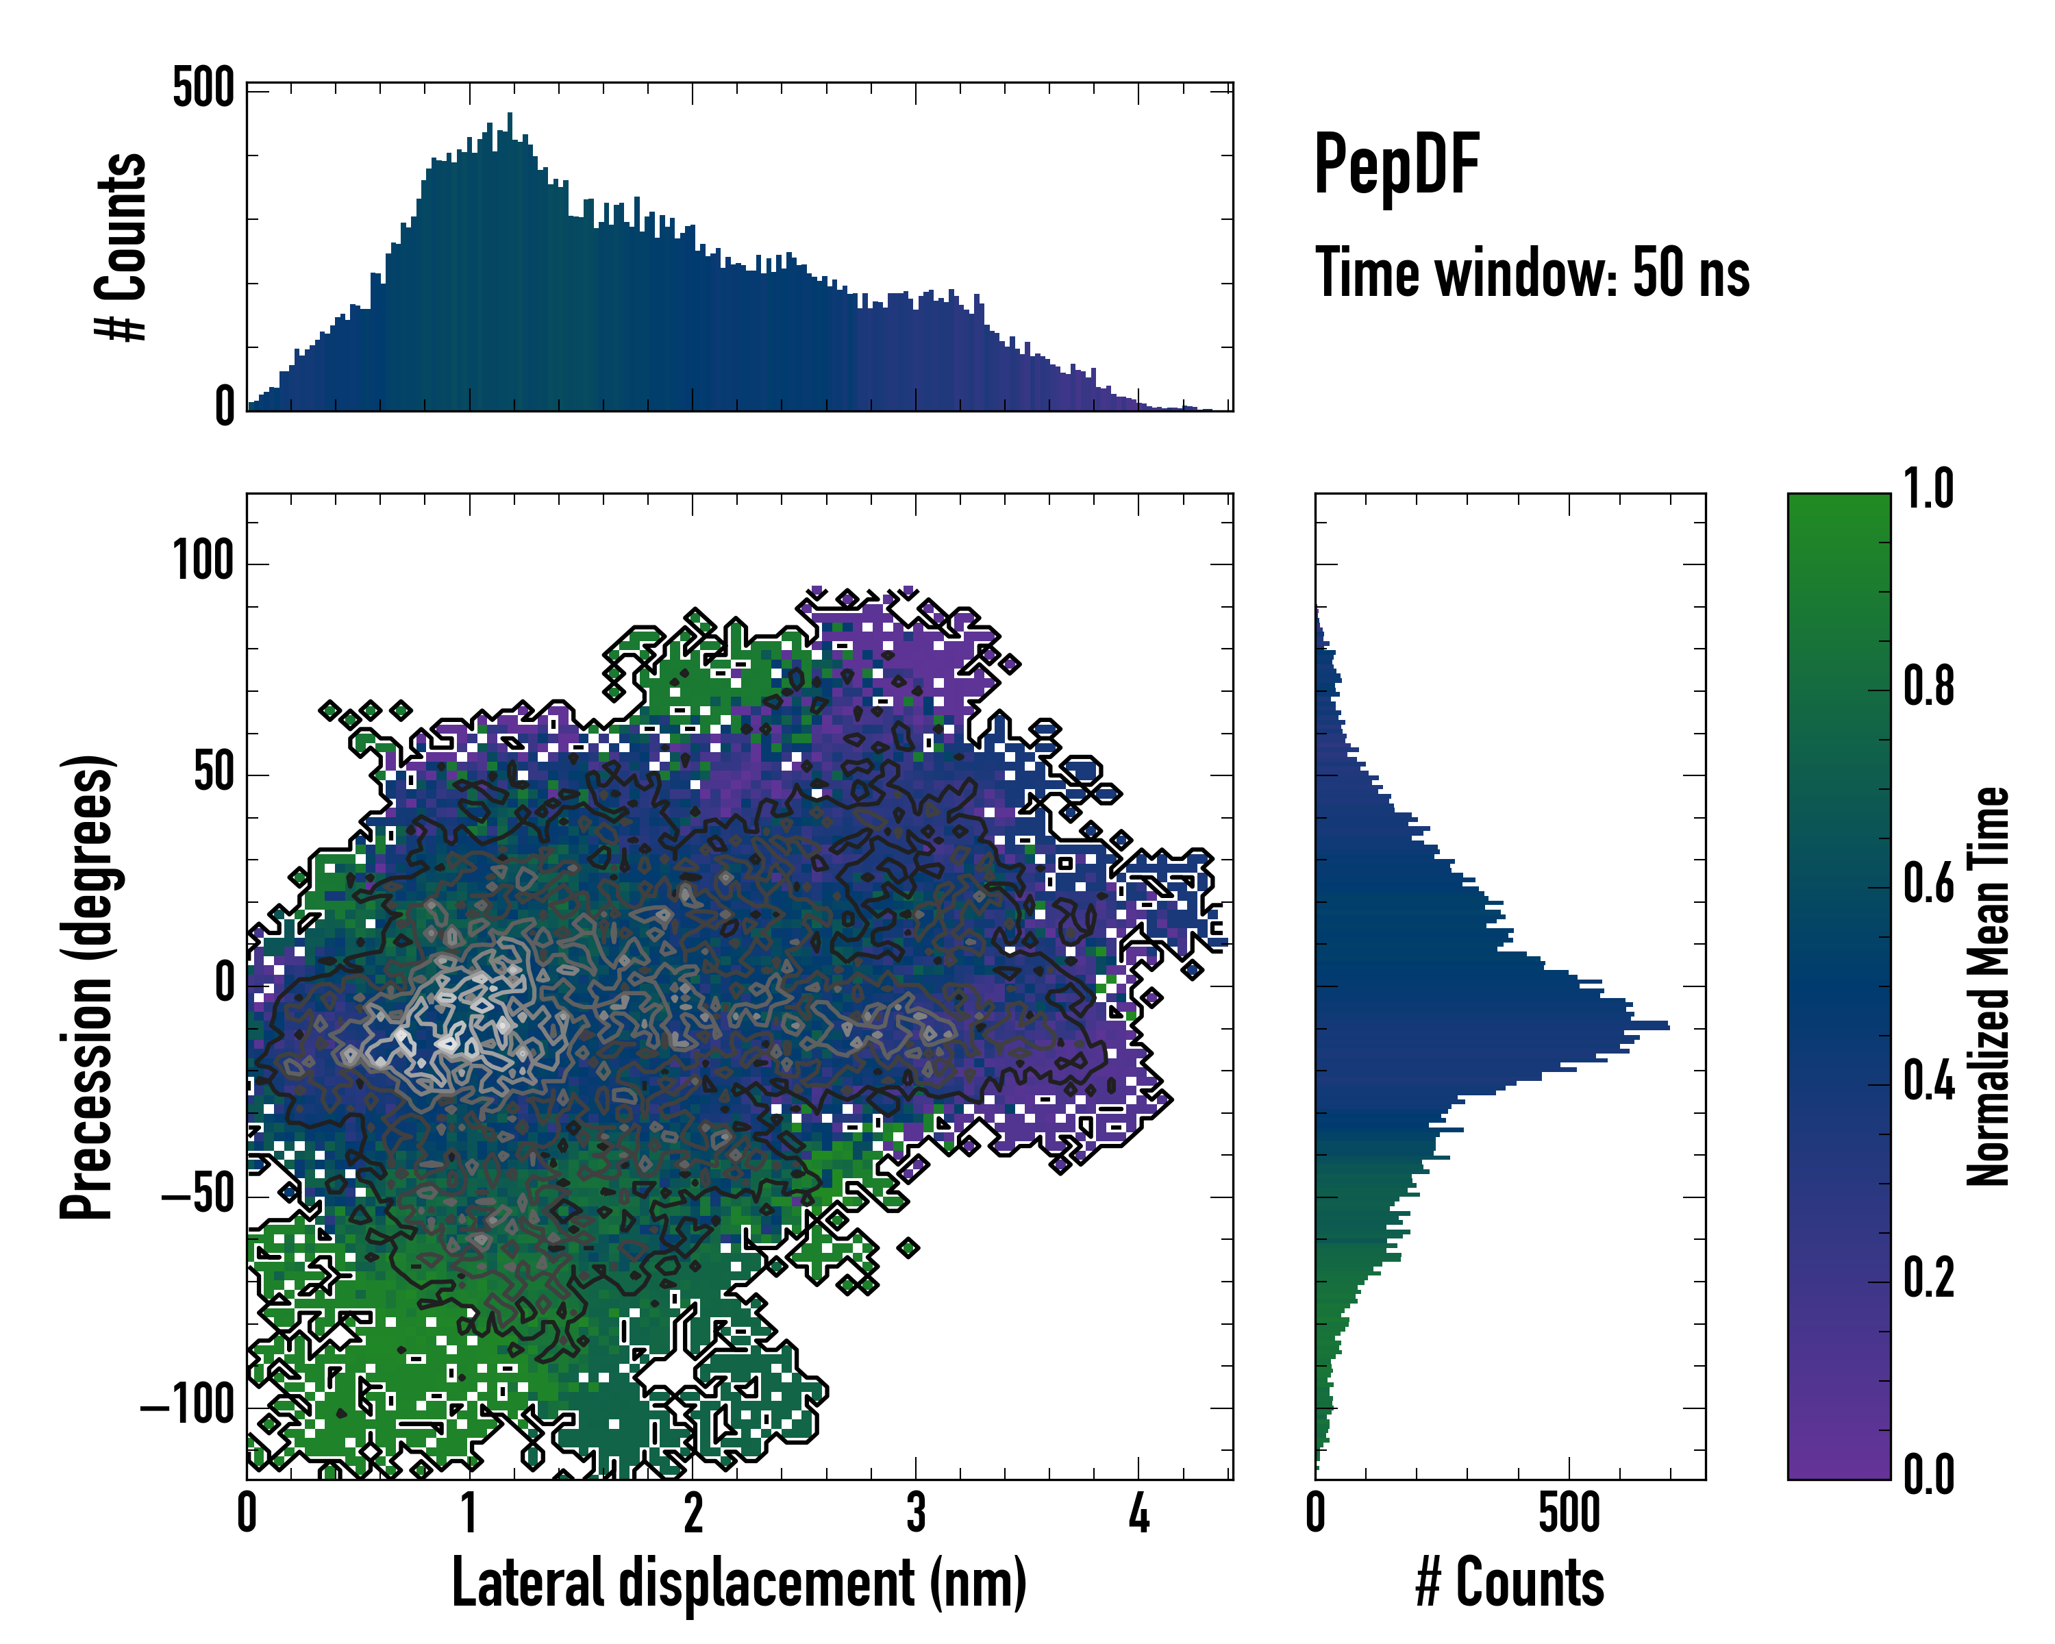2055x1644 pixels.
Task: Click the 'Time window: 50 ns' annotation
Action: tap(1532, 273)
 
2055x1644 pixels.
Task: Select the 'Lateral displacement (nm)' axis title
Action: tap(738, 1582)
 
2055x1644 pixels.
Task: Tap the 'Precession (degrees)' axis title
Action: tap(88, 986)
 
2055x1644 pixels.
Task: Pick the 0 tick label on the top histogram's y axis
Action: tap(225, 407)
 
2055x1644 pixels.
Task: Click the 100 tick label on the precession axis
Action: tap(203, 560)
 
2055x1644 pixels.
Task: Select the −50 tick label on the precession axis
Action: tap(197, 1193)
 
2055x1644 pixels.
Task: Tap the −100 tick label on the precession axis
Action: tap(188, 1405)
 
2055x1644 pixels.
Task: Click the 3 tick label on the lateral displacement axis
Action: tap(915, 1512)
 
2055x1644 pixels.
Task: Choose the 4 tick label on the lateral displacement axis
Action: tap(1138, 1512)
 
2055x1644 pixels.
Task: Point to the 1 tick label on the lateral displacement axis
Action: tap(469, 1512)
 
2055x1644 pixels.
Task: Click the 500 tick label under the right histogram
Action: tap(1569, 1512)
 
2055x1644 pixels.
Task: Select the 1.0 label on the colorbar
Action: tap(1928, 490)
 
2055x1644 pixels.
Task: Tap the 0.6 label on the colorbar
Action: tap(1928, 884)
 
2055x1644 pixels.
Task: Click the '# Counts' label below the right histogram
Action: tap(1510, 1582)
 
